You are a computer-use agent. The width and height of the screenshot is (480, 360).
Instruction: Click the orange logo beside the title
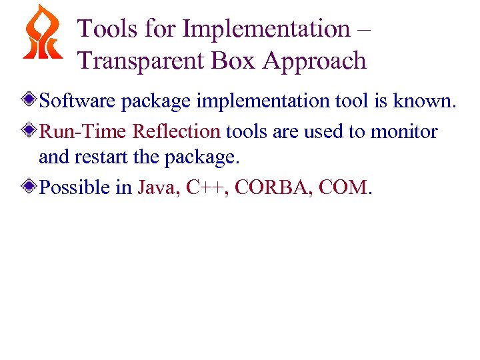pyautogui.click(x=43, y=33)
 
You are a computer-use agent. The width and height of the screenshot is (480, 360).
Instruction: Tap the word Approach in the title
pyautogui.click(x=315, y=61)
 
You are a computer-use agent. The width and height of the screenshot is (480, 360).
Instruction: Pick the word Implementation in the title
pyautogui.click(x=266, y=29)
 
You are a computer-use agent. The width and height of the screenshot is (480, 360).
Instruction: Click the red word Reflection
pyautogui.click(x=176, y=131)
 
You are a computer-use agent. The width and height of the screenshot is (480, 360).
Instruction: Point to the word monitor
pyautogui.click(x=404, y=131)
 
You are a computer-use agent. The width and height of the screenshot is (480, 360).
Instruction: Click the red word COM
pyautogui.click(x=343, y=188)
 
